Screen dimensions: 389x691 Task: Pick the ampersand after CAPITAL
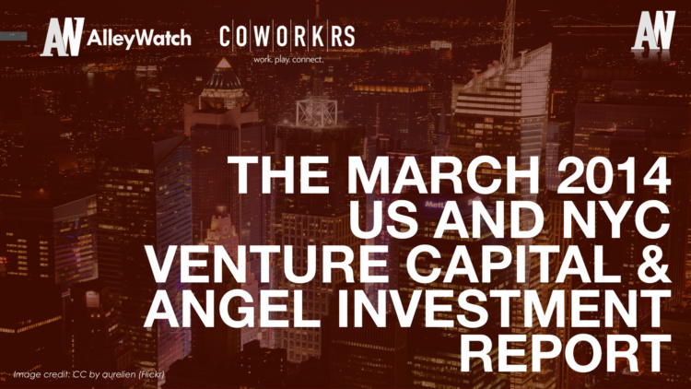(x=650, y=267)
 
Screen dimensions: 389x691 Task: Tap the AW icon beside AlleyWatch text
(x=60, y=38)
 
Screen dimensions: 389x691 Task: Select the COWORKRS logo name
(x=287, y=37)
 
